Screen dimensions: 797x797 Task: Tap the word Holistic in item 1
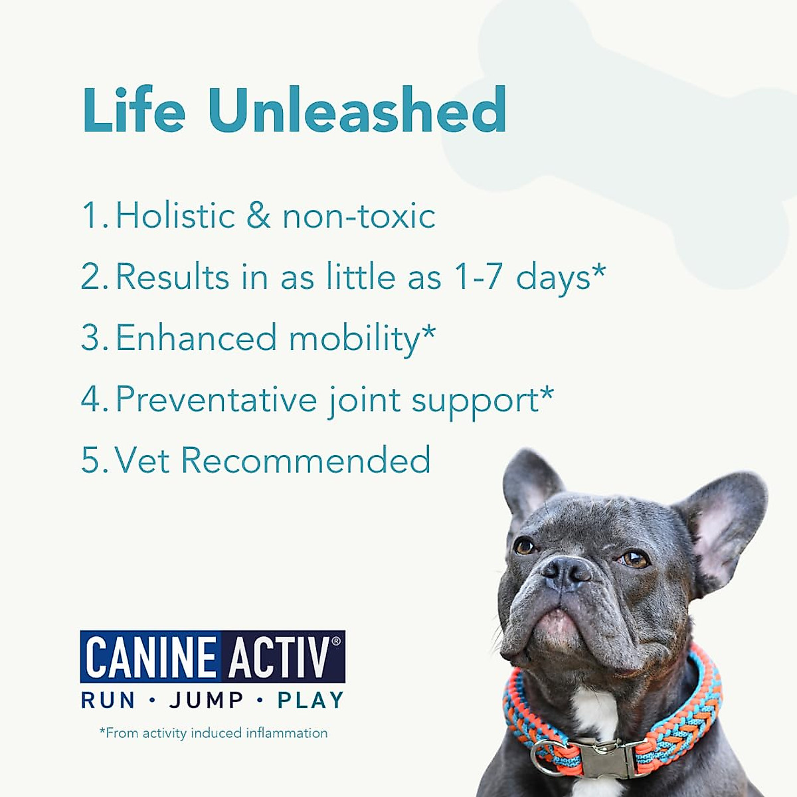pos(175,216)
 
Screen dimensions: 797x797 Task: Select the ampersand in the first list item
pos(259,217)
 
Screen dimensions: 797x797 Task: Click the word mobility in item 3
pos(355,339)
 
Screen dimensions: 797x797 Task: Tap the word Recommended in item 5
pos(306,460)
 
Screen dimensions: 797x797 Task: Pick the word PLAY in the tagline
pos(310,700)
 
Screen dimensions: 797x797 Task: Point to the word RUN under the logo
pos(108,700)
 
